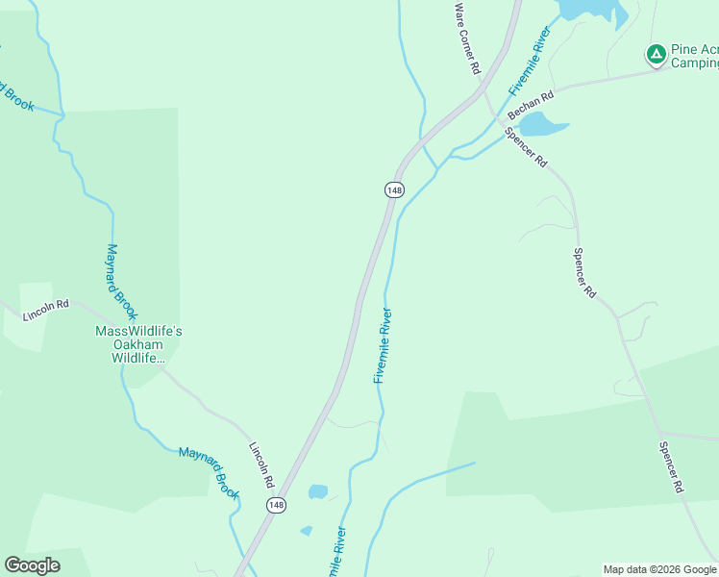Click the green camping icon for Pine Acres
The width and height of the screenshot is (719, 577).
(657, 54)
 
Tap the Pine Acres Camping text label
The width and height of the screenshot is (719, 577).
(694, 56)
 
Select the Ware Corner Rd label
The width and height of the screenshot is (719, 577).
(466, 38)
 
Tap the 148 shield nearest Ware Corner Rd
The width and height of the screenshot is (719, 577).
(393, 189)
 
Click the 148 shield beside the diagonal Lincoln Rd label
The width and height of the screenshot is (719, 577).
(277, 505)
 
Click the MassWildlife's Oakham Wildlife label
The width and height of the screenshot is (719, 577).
(138, 344)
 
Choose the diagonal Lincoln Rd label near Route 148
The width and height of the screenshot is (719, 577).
(262, 464)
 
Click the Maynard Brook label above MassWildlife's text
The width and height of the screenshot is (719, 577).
(122, 281)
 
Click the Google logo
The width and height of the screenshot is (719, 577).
(32, 565)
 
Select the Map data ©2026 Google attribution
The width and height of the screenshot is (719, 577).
(660, 569)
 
